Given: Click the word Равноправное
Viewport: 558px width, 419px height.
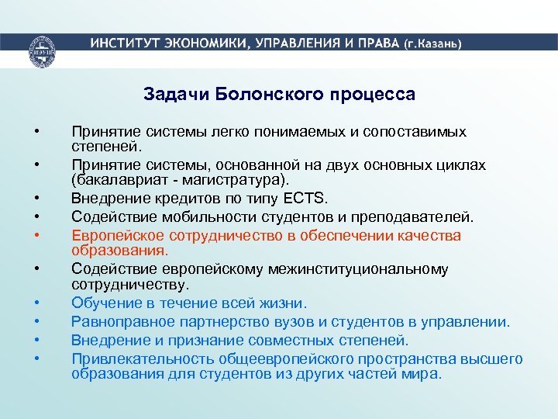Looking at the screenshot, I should click(x=120, y=320).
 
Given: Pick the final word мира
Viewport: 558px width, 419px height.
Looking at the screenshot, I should click(x=424, y=373).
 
